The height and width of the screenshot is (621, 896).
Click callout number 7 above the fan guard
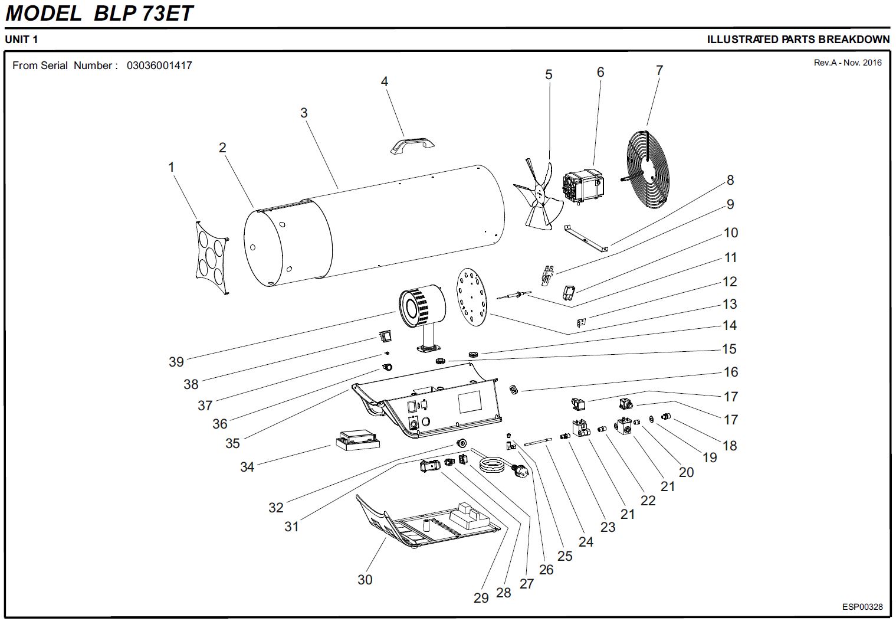point(659,70)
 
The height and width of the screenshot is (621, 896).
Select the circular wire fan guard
point(648,168)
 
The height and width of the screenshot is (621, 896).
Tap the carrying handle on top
point(412,144)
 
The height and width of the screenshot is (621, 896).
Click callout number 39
point(176,362)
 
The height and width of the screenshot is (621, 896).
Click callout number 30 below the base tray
point(365,580)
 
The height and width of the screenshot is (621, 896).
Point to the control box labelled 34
point(357,440)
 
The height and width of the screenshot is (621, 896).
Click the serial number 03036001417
point(159,66)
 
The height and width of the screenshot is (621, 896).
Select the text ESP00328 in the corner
point(862,607)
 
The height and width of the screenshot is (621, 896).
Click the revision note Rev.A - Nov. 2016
point(848,63)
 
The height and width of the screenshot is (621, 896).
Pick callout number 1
point(172,167)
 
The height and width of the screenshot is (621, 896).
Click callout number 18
point(730,446)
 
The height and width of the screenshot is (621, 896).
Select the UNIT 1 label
point(22,40)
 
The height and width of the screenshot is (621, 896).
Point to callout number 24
point(586,541)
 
